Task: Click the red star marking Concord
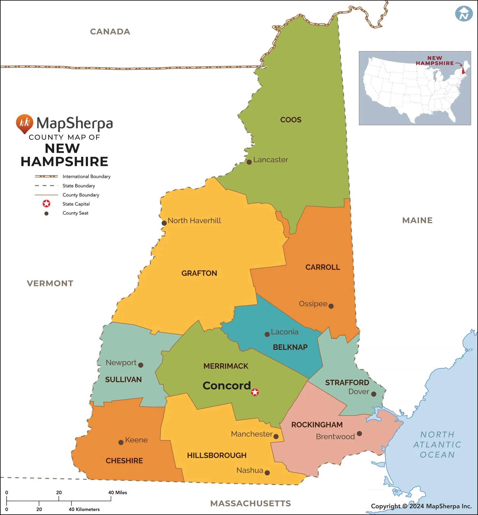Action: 255,392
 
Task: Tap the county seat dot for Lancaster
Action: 249,162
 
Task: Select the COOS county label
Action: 291,120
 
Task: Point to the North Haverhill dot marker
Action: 164,223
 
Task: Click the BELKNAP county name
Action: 290,347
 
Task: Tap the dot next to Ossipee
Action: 331,306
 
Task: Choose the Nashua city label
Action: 250,470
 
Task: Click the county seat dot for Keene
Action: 121,443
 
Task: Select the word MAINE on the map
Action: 417,220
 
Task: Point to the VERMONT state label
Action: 50,283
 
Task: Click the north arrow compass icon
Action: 464,14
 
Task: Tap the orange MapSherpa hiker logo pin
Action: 24,123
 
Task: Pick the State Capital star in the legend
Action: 46,204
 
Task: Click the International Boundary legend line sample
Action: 46,176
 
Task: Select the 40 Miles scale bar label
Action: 118,493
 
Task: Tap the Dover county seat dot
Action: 373,394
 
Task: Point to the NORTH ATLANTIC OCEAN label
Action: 437,444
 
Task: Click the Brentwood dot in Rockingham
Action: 359,433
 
